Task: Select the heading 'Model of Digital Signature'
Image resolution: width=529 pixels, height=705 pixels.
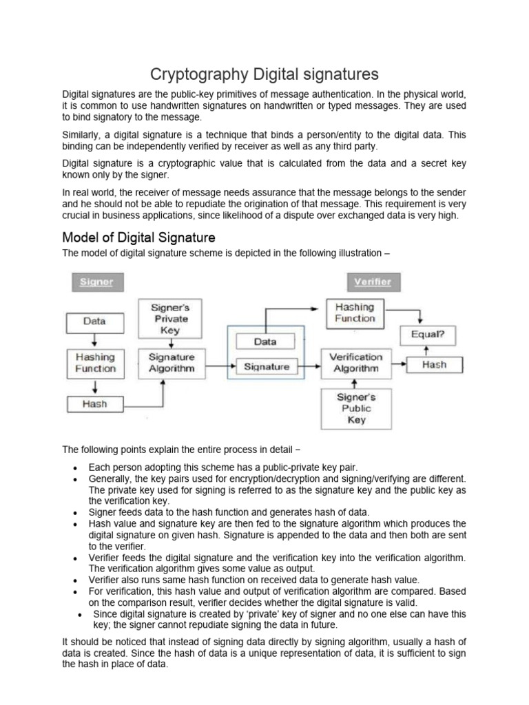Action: tap(138, 238)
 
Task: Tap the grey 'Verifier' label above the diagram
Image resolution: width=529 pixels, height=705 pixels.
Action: tap(372, 282)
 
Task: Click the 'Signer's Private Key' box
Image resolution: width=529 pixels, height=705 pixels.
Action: tap(170, 319)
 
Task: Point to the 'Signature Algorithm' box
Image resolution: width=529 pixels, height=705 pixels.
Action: tap(172, 363)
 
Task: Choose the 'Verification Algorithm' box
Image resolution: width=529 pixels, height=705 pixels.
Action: tap(356, 362)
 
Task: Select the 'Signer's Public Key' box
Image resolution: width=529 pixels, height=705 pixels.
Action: tap(356, 408)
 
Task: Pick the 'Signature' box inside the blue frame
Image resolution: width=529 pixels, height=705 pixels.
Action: tap(267, 367)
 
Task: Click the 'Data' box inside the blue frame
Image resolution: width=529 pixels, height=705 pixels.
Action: tap(266, 341)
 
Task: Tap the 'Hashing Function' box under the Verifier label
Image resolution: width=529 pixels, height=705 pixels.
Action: tap(355, 313)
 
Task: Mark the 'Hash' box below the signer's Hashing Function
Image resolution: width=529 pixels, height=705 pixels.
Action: tap(95, 403)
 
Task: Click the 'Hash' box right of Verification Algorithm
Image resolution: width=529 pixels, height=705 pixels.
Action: tap(434, 364)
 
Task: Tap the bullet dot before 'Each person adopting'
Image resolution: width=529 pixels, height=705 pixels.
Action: tap(74, 467)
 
